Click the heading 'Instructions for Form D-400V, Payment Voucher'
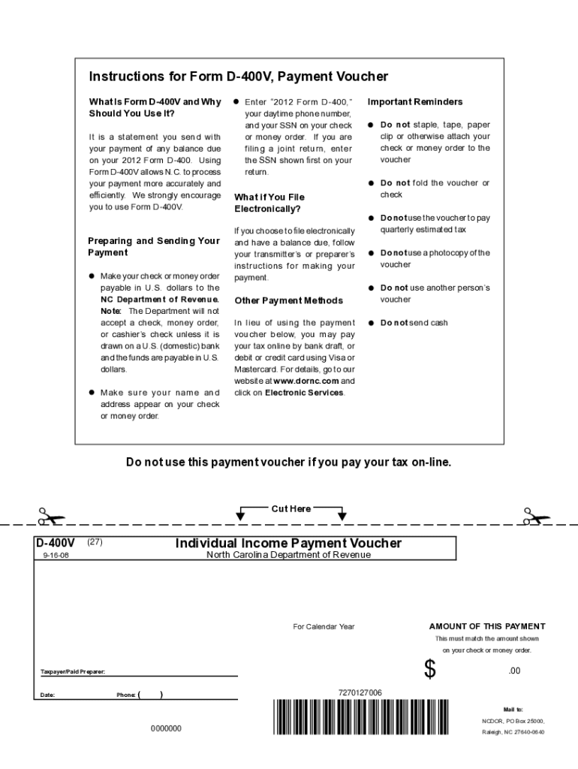tap(239, 77)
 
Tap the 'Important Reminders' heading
tap(415, 102)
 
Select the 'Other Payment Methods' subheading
tap(278, 301)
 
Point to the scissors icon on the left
tap(51, 517)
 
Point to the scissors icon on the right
tap(536, 517)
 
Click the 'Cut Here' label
tap(291, 509)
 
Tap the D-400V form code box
tap(56, 542)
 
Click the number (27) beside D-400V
tap(95, 541)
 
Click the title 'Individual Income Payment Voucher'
tap(288, 543)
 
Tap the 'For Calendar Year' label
tap(324, 627)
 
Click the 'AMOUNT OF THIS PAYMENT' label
tap(487, 626)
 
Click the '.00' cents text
tap(514, 671)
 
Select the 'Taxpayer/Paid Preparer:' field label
tap(72, 671)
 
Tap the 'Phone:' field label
tap(125, 695)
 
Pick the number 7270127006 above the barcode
tap(360, 692)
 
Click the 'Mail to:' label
tap(513, 709)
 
